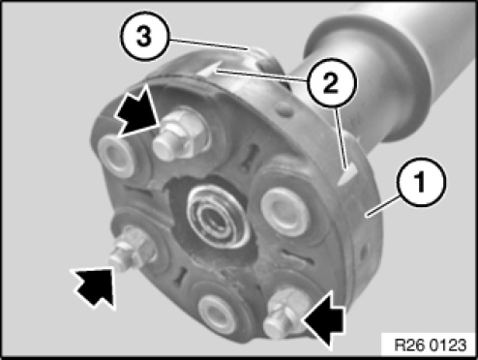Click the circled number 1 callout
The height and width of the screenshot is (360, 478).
(423, 182)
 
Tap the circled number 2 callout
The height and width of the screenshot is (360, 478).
(330, 82)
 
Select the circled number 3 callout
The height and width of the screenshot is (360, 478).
(144, 36)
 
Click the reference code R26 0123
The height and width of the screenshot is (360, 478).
(430, 345)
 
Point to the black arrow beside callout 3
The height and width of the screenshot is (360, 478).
(136, 108)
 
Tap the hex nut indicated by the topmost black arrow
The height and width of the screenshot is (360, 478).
(181, 135)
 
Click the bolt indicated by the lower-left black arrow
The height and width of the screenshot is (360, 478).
(131, 250)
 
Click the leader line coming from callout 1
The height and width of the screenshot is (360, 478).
(384, 205)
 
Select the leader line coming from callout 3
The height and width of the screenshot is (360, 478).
(209, 45)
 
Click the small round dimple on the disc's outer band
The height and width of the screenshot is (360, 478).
(284, 109)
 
